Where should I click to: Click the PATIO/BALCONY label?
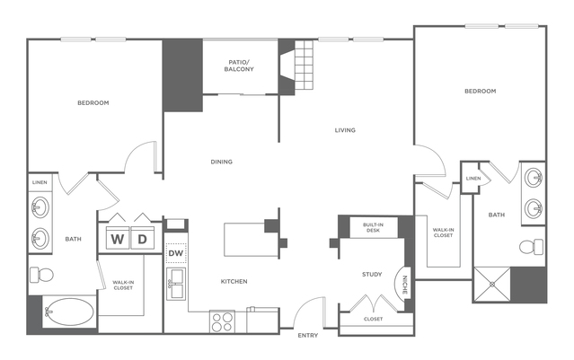[239, 66]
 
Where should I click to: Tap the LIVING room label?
[345, 130]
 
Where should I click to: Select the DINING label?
[222, 162]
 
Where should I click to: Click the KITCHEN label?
[234, 281]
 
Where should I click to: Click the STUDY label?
[373, 274]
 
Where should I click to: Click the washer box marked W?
[119, 239]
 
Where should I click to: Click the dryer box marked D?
[142, 239]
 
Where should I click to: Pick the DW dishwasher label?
[176, 253]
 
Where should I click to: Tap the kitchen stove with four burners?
[222, 320]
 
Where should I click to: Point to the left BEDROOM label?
[93, 103]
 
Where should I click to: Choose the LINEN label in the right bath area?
[473, 179]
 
